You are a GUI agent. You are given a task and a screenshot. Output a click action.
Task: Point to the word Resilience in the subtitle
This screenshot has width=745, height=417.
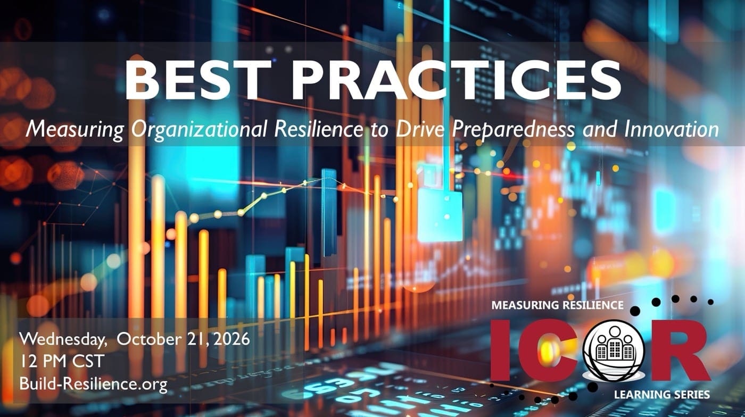click(319, 129)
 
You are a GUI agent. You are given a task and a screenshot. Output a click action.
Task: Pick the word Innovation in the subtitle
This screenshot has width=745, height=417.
click(672, 129)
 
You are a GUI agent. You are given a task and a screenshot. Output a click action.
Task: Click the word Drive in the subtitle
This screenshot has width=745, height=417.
click(420, 129)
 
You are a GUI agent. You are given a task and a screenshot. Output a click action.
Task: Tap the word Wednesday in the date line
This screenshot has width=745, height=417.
click(63, 340)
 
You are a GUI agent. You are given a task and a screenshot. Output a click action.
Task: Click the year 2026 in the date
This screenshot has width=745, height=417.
click(231, 339)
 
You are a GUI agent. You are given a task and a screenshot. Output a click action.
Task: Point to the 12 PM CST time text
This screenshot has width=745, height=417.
click(62, 361)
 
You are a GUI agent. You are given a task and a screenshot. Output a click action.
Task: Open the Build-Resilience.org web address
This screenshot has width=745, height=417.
click(94, 384)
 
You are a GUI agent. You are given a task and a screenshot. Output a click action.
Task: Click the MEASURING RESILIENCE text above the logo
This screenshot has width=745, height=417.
click(558, 305)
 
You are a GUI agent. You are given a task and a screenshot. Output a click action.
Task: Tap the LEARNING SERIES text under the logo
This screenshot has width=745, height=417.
click(662, 395)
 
